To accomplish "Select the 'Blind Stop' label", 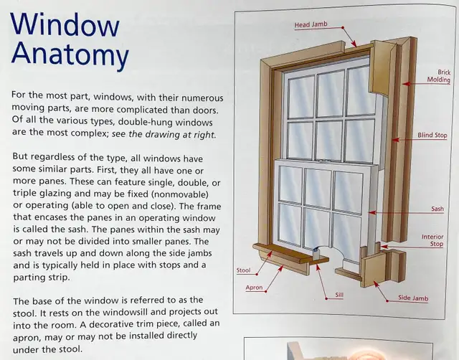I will [x=432, y=135].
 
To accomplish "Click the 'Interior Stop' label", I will [x=432, y=240].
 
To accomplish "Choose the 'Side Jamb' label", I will [x=415, y=298].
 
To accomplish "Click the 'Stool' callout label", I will [x=243, y=270].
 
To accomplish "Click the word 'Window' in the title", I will [x=65, y=27].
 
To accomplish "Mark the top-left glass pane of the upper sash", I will [x=301, y=95].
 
